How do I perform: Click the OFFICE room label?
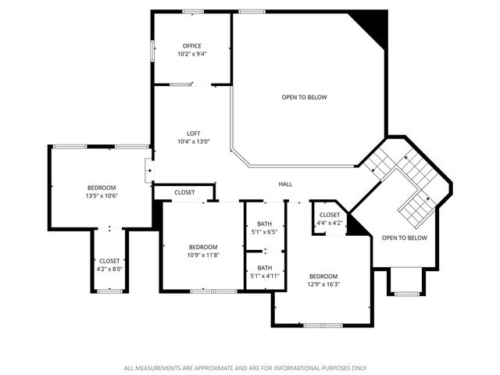(x=192, y=46)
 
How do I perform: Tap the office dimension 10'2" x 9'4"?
(x=192, y=54)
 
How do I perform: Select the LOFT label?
(x=192, y=133)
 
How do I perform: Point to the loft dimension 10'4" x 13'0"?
(x=192, y=141)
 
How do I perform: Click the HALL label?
(x=286, y=184)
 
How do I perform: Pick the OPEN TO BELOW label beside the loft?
(x=304, y=97)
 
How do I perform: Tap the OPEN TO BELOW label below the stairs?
(x=404, y=237)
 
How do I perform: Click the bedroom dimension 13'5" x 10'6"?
(x=102, y=196)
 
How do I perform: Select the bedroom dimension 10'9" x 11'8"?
(x=202, y=255)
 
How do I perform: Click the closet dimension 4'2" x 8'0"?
(x=109, y=269)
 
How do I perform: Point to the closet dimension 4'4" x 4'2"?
(x=329, y=223)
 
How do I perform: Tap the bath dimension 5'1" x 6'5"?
(x=264, y=231)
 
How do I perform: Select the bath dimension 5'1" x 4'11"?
(x=264, y=276)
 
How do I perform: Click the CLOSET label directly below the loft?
(x=184, y=192)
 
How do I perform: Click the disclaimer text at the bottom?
(x=245, y=367)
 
